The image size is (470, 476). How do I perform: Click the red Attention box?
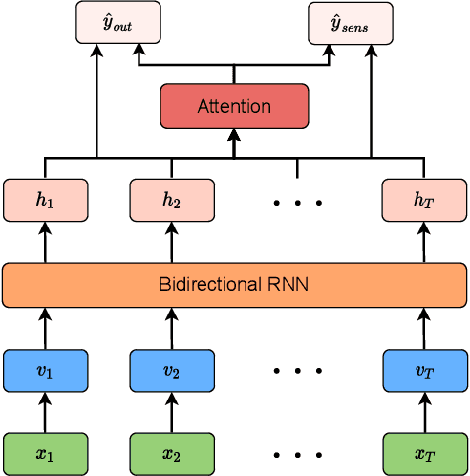(x=234, y=106)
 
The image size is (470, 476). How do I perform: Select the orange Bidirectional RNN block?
(x=234, y=285)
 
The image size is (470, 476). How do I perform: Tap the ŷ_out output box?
(x=118, y=22)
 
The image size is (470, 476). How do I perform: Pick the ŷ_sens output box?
(x=350, y=22)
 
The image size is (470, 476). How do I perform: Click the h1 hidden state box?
(x=46, y=200)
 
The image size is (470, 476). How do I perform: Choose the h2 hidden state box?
(x=172, y=200)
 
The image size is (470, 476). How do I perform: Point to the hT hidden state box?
(x=423, y=200)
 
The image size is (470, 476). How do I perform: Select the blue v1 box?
(x=46, y=371)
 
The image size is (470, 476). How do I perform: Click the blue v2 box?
(x=172, y=371)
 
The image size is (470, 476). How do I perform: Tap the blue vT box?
(x=423, y=371)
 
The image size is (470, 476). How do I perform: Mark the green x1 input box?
(x=46, y=454)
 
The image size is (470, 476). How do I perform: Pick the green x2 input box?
(x=172, y=454)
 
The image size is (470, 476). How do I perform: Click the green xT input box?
(x=423, y=454)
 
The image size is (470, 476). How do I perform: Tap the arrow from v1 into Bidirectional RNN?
(x=46, y=329)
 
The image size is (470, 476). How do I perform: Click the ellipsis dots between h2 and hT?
(x=297, y=203)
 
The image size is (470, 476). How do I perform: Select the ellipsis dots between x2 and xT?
(x=297, y=455)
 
